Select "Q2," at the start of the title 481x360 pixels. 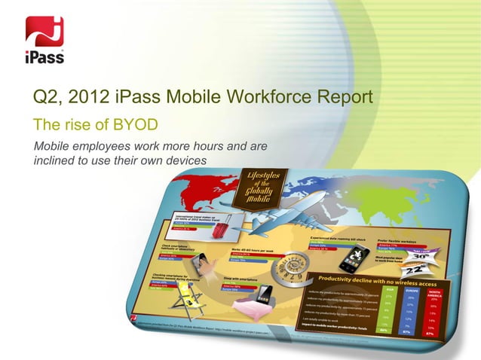[49, 98]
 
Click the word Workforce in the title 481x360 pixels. [268, 98]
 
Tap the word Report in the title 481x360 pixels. [345, 98]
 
